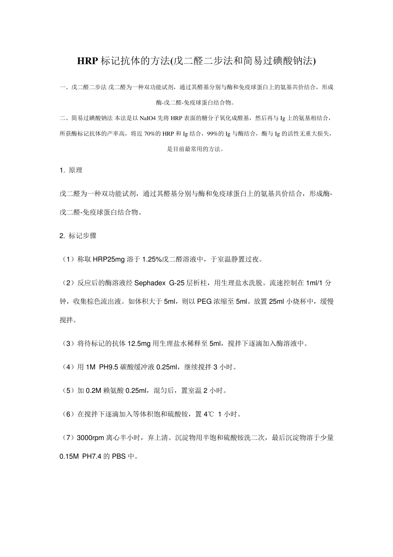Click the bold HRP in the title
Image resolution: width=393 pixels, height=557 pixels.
(88, 61)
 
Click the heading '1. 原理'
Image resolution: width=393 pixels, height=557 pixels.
(71, 170)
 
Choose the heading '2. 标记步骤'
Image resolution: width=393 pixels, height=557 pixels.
(78, 236)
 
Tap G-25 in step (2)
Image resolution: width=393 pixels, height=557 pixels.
(177, 283)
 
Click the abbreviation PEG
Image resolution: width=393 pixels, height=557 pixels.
(204, 302)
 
